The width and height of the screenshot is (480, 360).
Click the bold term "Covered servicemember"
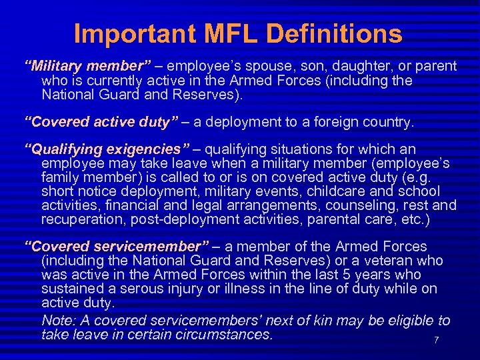click(117, 247)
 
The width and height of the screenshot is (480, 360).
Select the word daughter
click(359, 67)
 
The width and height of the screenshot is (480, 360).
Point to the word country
click(388, 123)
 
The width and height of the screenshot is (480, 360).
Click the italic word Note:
click(58, 321)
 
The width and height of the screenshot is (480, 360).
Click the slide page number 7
click(436, 341)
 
